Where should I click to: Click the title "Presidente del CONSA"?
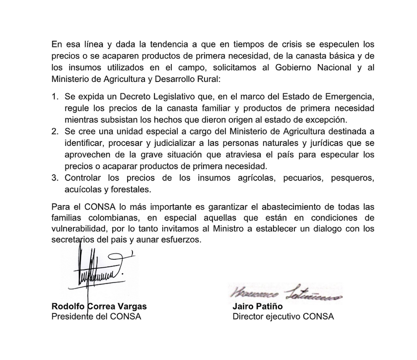tap(96, 316)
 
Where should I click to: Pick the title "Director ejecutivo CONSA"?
tap(283, 316)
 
